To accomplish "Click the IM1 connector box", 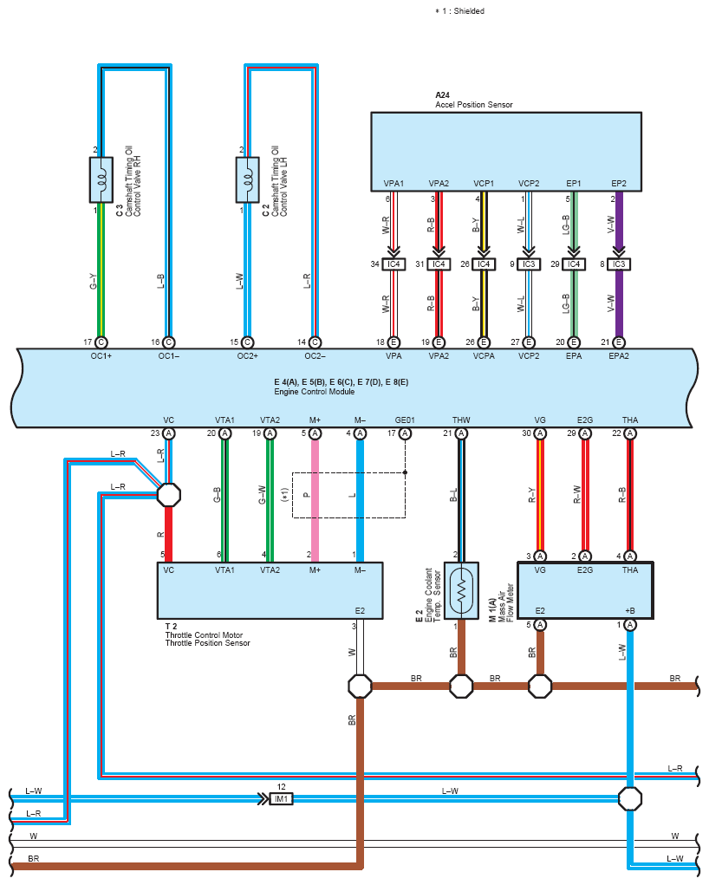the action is (281, 798).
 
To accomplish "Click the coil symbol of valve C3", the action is (101, 179).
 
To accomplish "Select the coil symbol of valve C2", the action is (248, 179).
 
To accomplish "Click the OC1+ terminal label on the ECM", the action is (101, 356).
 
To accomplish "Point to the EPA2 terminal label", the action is (619, 356).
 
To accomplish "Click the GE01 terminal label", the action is (405, 420).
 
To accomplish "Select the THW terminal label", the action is (461, 420).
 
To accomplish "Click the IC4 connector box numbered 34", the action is (394, 264).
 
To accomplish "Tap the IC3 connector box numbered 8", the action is (619, 264).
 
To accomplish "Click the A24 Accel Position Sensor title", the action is (473, 100).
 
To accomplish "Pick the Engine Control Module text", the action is (315, 392).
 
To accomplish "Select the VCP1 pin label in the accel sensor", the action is (483, 184).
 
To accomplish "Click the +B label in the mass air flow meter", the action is (630, 611).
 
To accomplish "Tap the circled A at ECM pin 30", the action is (540, 433).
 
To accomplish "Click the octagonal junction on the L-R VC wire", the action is (168, 495).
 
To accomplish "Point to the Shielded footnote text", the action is (459, 10).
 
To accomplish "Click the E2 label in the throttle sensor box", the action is (361, 611).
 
